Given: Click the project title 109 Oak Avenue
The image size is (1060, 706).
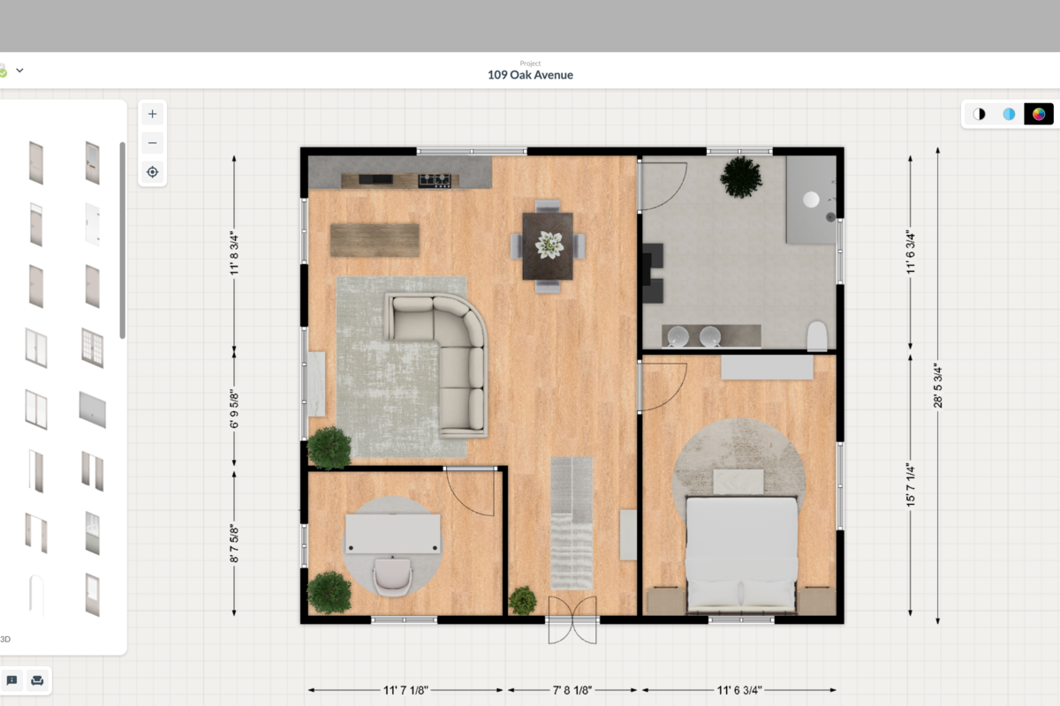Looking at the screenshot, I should tap(530, 75).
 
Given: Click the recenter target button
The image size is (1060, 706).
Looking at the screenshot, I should tap(152, 171).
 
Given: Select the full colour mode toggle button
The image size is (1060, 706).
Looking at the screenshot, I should tap(1039, 114).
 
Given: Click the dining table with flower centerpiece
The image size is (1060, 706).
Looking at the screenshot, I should tap(548, 245).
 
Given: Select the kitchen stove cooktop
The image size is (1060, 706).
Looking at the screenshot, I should tap(435, 180).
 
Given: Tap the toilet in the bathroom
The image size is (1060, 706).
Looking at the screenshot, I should tap(817, 336).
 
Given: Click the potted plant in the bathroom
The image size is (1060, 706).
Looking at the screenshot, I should tap(740, 177).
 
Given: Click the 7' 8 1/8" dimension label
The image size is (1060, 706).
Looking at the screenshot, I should tap(572, 690).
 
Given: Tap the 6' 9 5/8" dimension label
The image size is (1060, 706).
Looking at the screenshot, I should tap(234, 409).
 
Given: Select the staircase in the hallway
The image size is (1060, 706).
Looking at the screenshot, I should tap(572, 522).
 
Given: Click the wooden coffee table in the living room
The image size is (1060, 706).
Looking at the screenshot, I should tap(375, 239).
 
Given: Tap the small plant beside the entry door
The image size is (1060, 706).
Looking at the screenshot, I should tap(523, 600).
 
